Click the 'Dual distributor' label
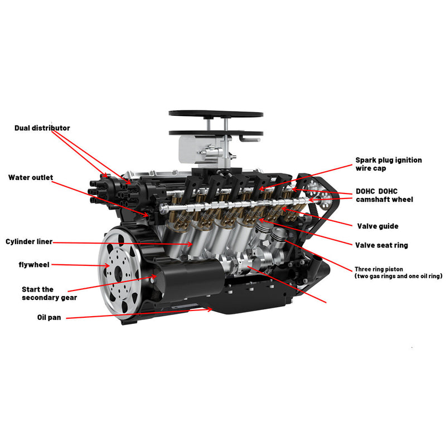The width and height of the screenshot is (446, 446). tap(42, 128)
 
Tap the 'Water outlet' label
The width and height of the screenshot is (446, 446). tap(31, 178)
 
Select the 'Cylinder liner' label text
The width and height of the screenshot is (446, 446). tap(29, 242)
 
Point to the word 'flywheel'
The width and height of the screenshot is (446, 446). tap(34, 264)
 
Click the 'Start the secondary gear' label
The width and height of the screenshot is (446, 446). tap(49, 293)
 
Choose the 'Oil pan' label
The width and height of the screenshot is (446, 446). tap(49, 317)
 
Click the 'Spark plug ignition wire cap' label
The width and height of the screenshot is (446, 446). tap(388, 164)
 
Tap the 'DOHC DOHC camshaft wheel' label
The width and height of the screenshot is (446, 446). tap(384, 195)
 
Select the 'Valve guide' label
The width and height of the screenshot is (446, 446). tap(377, 226)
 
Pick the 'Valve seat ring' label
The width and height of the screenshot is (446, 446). tap(381, 245)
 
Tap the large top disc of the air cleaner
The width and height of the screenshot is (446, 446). tap(216, 114)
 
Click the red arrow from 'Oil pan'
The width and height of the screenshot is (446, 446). tap(139, 313)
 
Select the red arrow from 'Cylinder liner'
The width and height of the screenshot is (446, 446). tap(123, 243)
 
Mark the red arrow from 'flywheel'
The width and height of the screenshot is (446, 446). tap(84, 265)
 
